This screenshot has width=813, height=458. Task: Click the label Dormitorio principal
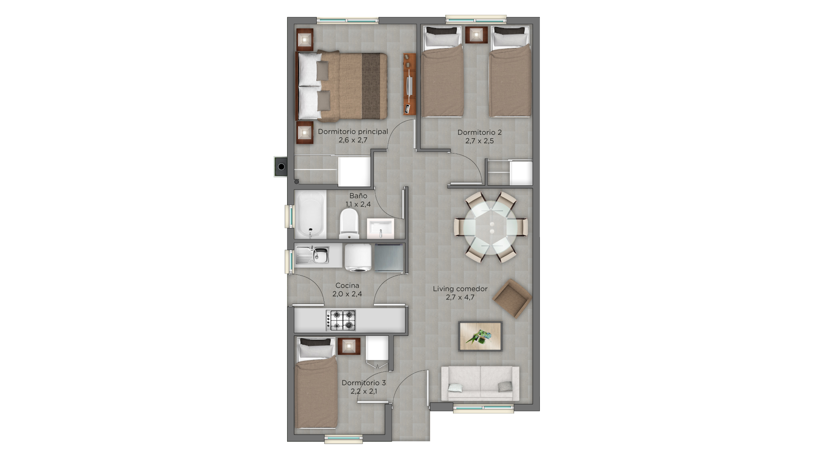(353, 131)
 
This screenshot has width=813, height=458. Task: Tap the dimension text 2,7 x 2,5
(479, 141)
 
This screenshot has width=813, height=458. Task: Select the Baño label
(358, 195)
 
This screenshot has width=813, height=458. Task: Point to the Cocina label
(347, 285)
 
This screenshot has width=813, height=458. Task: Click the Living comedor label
(460, 289)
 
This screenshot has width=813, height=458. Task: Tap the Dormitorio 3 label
(364, 383)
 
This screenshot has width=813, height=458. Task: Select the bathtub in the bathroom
(310, 215)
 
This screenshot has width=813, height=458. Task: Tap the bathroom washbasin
(380, 229)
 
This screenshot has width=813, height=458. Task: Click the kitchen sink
(312, 255)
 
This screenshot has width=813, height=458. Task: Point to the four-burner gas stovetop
(341, 320)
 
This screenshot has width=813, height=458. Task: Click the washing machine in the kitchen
(358, 257)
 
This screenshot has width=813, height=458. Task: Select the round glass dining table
(491, 227)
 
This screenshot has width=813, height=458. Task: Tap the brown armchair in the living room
(512, 298)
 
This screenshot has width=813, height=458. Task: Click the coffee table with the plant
(480, 336)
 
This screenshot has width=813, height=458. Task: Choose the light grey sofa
(480, 383)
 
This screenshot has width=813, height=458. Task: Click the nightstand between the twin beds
(477, 35)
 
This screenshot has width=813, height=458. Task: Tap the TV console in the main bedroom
(409, 84)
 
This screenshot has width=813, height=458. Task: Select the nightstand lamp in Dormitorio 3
(349, 346)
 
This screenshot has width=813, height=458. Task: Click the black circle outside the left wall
(281, 166)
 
